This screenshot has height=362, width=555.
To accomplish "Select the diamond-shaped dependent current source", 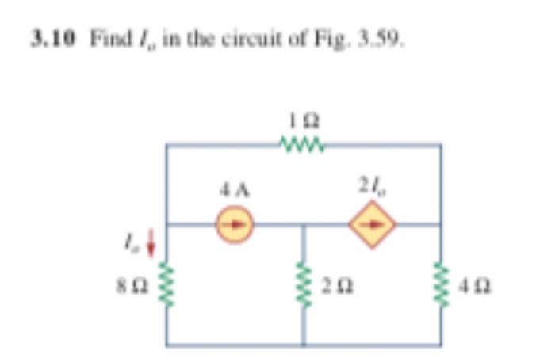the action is click(x=373, y=224).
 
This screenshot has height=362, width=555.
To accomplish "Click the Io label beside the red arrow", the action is click(x=130, y=238).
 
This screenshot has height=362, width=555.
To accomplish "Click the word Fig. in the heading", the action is click(x=343, y=36).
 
